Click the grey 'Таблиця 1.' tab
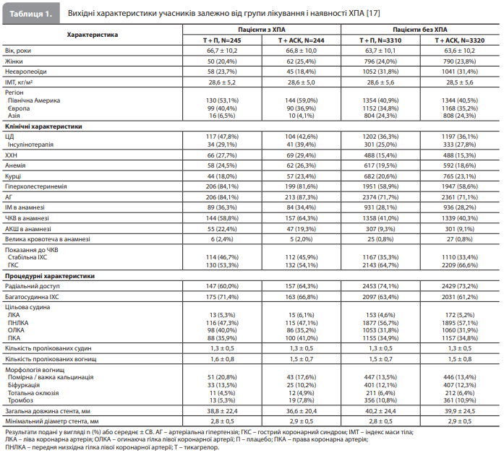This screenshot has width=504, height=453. [x=31, y=13]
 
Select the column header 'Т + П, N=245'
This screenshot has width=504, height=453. [x=222, y=40]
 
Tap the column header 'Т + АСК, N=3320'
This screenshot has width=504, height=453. [x=460, y=40]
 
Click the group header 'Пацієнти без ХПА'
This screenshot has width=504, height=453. [x=420, y=30]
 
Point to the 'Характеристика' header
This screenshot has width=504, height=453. [x=93, y=35]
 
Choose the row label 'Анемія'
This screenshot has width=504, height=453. [x=15, y=165]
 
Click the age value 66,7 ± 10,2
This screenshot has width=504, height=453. [x=222, y=51]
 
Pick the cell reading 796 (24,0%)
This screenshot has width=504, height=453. [x=380, y=61]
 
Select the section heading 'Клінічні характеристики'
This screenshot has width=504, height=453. [x=43, y=126]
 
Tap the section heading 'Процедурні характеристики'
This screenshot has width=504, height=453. [x=50, y=276]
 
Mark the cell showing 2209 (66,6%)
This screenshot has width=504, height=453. [x=460, y=265]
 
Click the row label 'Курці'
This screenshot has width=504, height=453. [x=13, y=176]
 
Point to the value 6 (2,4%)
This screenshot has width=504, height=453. [x=222, y=239]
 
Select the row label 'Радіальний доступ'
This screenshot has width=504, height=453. [x=32, y=286]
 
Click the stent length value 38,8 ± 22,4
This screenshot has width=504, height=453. [x=222, y=411]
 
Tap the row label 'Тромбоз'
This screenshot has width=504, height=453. [x=20, y=400]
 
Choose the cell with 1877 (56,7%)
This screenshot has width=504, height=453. [x=380, y=323]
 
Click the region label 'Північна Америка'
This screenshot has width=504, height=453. [x=34, y=100]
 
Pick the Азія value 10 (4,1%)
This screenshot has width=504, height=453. [x=302, y=116]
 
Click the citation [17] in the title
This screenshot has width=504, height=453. [x=373, y=13]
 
